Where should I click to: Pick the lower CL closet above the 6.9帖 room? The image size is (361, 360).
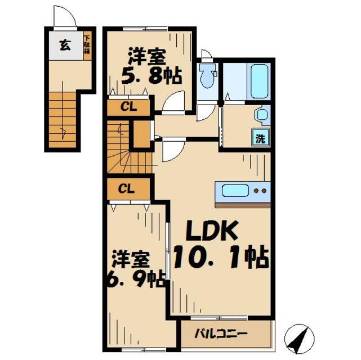click(x=129, y=188)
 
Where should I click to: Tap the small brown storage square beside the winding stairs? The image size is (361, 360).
click(x=141, y=134)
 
